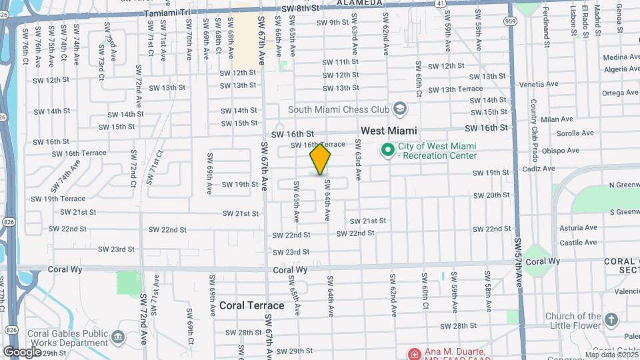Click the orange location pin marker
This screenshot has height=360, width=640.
321,159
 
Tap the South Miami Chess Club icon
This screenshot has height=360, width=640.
399,109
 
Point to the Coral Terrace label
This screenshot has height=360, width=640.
251,306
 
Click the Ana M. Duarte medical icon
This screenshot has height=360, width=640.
415,353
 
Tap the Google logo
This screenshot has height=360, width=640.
22,352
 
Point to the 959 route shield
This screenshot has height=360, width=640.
511,21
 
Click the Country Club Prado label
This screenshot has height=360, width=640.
534,127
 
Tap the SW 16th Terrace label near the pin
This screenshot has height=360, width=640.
317,144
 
